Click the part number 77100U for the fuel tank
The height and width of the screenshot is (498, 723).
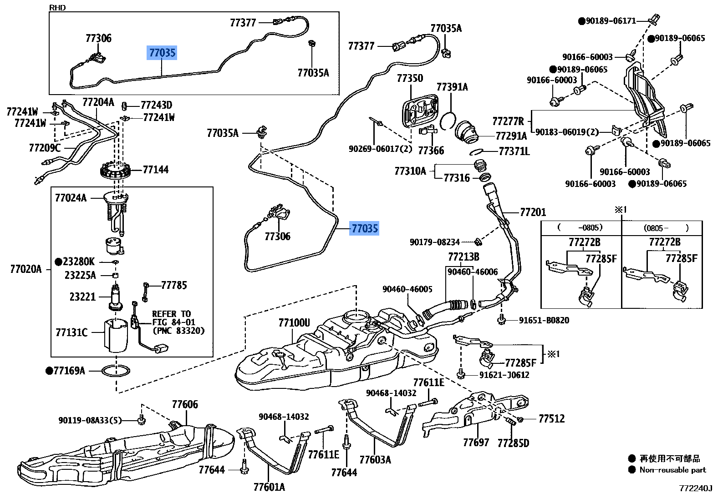(294, 323)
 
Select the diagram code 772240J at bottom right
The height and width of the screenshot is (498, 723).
(695, 488)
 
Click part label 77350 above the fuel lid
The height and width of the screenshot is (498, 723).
(410, 78)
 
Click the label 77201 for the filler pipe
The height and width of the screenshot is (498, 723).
(533, 212)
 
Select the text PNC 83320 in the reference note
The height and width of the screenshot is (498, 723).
(178, 331)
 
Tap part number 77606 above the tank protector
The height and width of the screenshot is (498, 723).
(185, 404)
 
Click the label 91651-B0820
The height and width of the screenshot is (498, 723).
(544, 320)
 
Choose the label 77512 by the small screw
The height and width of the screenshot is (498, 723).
(551, 418)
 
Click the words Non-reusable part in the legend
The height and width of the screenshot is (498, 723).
(672, 470)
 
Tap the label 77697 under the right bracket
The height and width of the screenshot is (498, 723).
(476, 442)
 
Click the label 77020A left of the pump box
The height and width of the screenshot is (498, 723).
(25, 269)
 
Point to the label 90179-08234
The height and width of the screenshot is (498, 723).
(434, 242)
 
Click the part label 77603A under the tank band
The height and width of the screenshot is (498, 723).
(375, 459)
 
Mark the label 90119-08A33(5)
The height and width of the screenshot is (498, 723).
(90, 420)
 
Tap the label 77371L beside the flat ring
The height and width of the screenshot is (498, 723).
(514, 151)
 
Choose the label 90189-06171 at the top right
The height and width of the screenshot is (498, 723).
(610, 21)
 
